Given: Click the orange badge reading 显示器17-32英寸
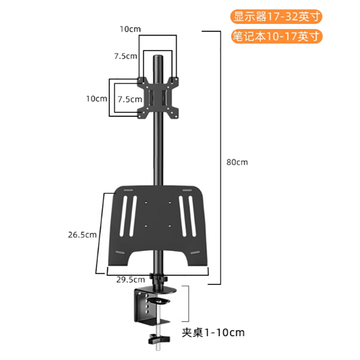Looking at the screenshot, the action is coord(276,17).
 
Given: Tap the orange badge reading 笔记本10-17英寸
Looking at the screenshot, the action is coord(277,36).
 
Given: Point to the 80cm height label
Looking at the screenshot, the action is coord(237,162).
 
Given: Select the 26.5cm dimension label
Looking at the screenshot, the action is coord(82,234).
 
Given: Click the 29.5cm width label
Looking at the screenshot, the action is coord(130,279).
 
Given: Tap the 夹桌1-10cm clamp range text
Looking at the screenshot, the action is coord(213,333).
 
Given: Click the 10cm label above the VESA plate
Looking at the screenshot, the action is coord(130,29).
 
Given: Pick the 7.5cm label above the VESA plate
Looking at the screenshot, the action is coord(126,56).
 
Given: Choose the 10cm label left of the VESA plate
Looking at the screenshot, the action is coord(97,99).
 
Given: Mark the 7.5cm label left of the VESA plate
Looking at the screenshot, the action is coord(130,99).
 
